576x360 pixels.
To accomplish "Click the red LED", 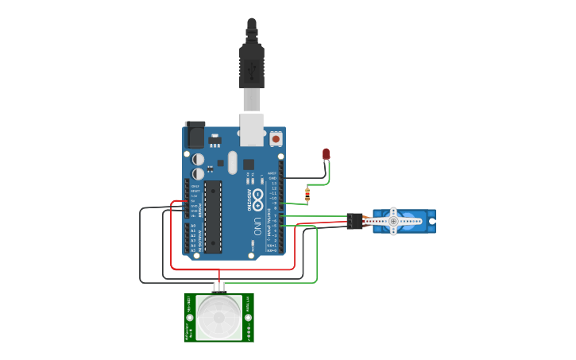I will pyautogui.click(x=326, y=154).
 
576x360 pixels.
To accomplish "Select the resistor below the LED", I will pyautogui.click(x=307, y=193).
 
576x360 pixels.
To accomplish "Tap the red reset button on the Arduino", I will pyautogui.click(x=276, y=138).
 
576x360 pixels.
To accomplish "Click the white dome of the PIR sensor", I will pyautogui.click(x=218, y=317).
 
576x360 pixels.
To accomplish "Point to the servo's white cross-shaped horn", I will pyautogui.click(x=392, y=220).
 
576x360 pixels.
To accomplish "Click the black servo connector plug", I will pyautogui.click(x=355, y=221).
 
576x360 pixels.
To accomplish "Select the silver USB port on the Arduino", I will pyautogui.click(x=252, y=130).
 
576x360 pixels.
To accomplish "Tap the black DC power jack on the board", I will pyautogui.click(x=195, y=134).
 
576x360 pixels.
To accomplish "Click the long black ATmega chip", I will pyautogui.click(x=212, y=216).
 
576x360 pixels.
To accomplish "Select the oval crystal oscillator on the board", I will pyautogui.click(x=232, y=162).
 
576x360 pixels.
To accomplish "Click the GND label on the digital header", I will pyautogui.click(x=272, y=178).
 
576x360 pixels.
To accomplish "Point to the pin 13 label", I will pyautogui.click(x=273, y=183).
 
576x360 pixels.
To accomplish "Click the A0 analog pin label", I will pyautogui.click(x=192, y=226).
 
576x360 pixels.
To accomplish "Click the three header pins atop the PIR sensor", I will pyautogui.click(x=218, y=286).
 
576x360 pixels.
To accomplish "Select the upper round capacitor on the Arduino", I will pyautogui.click(x=198, y=159).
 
